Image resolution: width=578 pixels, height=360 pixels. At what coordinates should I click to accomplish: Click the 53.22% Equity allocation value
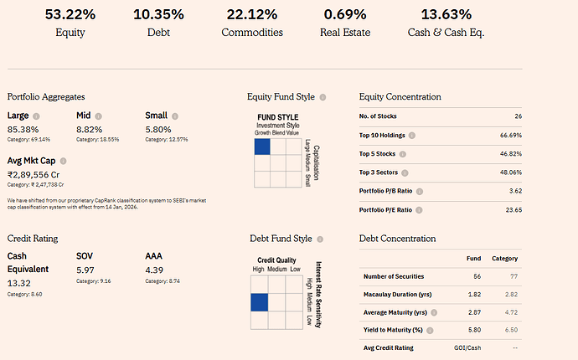(x=70, y=14)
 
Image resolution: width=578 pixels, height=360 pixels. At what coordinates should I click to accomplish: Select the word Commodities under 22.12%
(x=252, y=33)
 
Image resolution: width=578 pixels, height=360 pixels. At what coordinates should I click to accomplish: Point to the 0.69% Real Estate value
(x=345, y=14)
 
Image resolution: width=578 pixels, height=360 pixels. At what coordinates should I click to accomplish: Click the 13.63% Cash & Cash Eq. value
(x=446, y=14)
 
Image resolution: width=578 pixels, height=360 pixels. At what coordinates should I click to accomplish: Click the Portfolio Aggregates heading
(x=46, y=97)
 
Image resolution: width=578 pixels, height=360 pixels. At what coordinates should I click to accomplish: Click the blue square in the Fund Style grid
(x=261, y=147)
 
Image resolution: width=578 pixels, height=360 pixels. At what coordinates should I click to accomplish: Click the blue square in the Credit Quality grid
(x=259, y=303)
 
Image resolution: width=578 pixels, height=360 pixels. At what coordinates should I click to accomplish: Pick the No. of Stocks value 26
(x=519, y=116)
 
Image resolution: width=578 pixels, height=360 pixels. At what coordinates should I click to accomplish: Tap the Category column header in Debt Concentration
(x=505, y=259)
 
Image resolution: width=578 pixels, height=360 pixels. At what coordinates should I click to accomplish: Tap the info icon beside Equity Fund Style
(x=323, y=97)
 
